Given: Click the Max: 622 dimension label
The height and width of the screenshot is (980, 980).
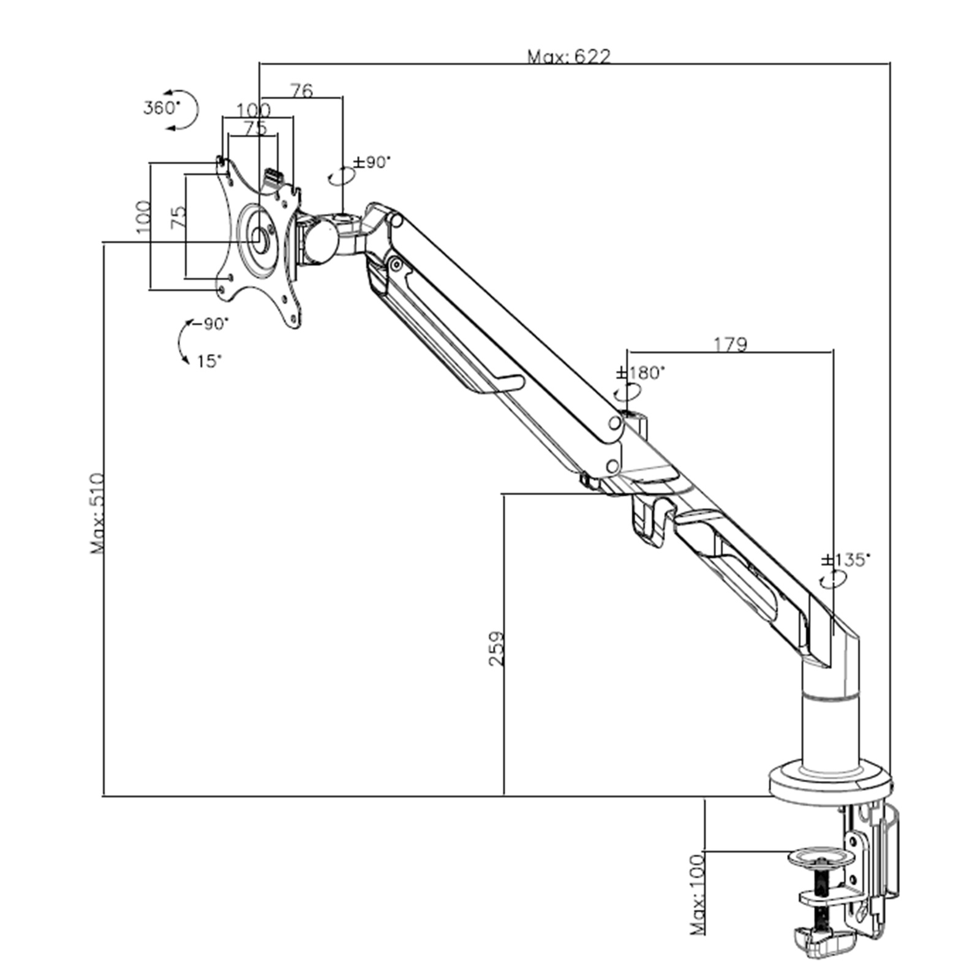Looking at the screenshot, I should click(569, 57).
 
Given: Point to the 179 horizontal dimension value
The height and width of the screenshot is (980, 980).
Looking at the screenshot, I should click(731, 344).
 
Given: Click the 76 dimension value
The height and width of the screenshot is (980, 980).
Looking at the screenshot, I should click(301, 91).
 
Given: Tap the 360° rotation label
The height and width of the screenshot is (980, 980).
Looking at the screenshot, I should click(162, 108).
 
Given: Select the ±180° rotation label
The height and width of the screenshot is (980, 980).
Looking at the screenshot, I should click(640, 372).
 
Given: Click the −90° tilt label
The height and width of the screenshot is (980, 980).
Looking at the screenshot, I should click(210, 323).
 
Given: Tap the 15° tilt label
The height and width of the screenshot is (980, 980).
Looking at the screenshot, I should click(209, 361).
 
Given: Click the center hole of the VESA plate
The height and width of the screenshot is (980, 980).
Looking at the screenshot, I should click(260, 239).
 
